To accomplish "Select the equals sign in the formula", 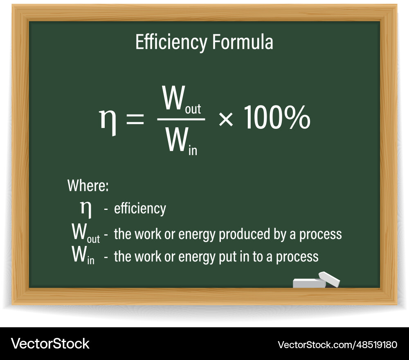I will click(135, 119).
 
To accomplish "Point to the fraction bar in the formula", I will click(181, 119).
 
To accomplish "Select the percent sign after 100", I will click(298, 118).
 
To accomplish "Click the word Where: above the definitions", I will click(88, 186).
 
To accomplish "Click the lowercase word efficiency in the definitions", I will click(140, 209).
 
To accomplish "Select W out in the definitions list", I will click(85, 233).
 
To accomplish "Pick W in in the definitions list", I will click(83, 256).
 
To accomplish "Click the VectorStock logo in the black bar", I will click(50, 344).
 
